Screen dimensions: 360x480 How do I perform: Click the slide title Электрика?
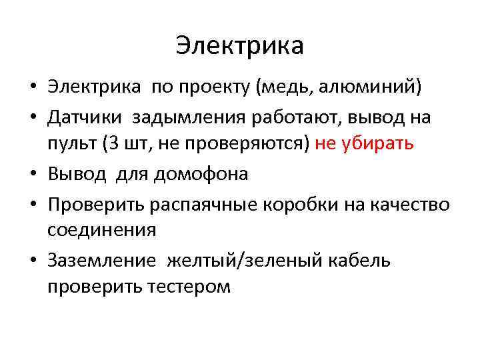pyautogui.click(x=240, y=45)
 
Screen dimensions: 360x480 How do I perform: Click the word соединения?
pyautogui.click(x=101, y=231)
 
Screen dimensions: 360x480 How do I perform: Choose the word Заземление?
pyautogui.click(x=102, y=260)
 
